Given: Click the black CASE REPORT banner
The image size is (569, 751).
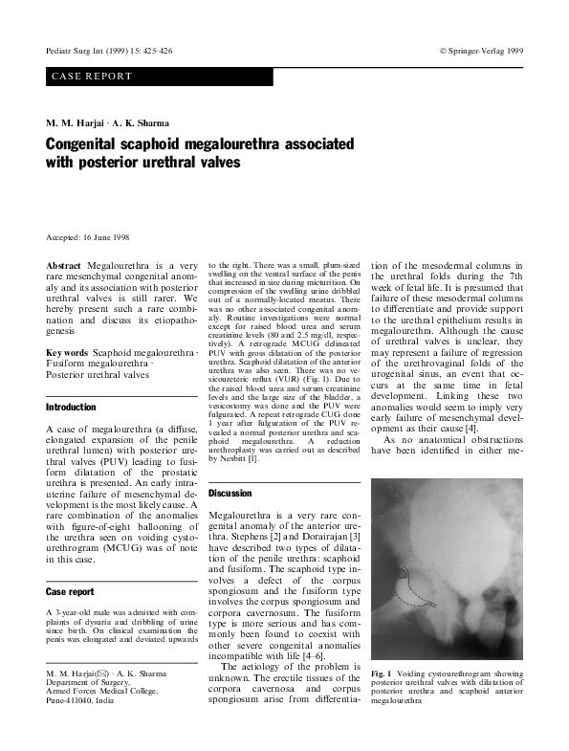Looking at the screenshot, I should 159,77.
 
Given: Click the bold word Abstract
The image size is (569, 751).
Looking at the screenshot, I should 64,265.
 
